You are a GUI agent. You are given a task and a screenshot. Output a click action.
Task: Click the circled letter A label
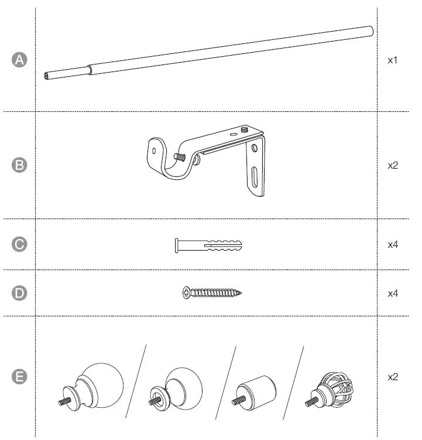click(20, 60)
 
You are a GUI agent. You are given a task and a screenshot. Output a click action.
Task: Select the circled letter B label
click(20, 166)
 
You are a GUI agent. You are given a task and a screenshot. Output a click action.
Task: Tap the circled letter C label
click(20, 245)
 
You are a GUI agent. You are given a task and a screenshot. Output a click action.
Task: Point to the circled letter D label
click(20, 293)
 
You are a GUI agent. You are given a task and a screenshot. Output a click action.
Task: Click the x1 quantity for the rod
click(393, 60)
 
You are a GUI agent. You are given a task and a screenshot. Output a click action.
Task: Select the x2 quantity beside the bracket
click(393, 166)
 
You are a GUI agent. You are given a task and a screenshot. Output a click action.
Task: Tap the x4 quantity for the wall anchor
click(393, 245)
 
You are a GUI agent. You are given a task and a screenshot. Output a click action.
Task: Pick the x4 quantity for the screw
click(393, 293)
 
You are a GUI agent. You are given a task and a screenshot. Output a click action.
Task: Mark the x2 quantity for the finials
click(393, 377)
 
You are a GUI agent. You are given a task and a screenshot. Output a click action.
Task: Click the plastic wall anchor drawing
click(208, 245)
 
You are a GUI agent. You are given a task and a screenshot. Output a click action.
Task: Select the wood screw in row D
click(212, 292)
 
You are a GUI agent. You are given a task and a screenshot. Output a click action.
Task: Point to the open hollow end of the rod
click(46, 75)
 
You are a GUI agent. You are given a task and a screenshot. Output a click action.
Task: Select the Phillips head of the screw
click(186, 291)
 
